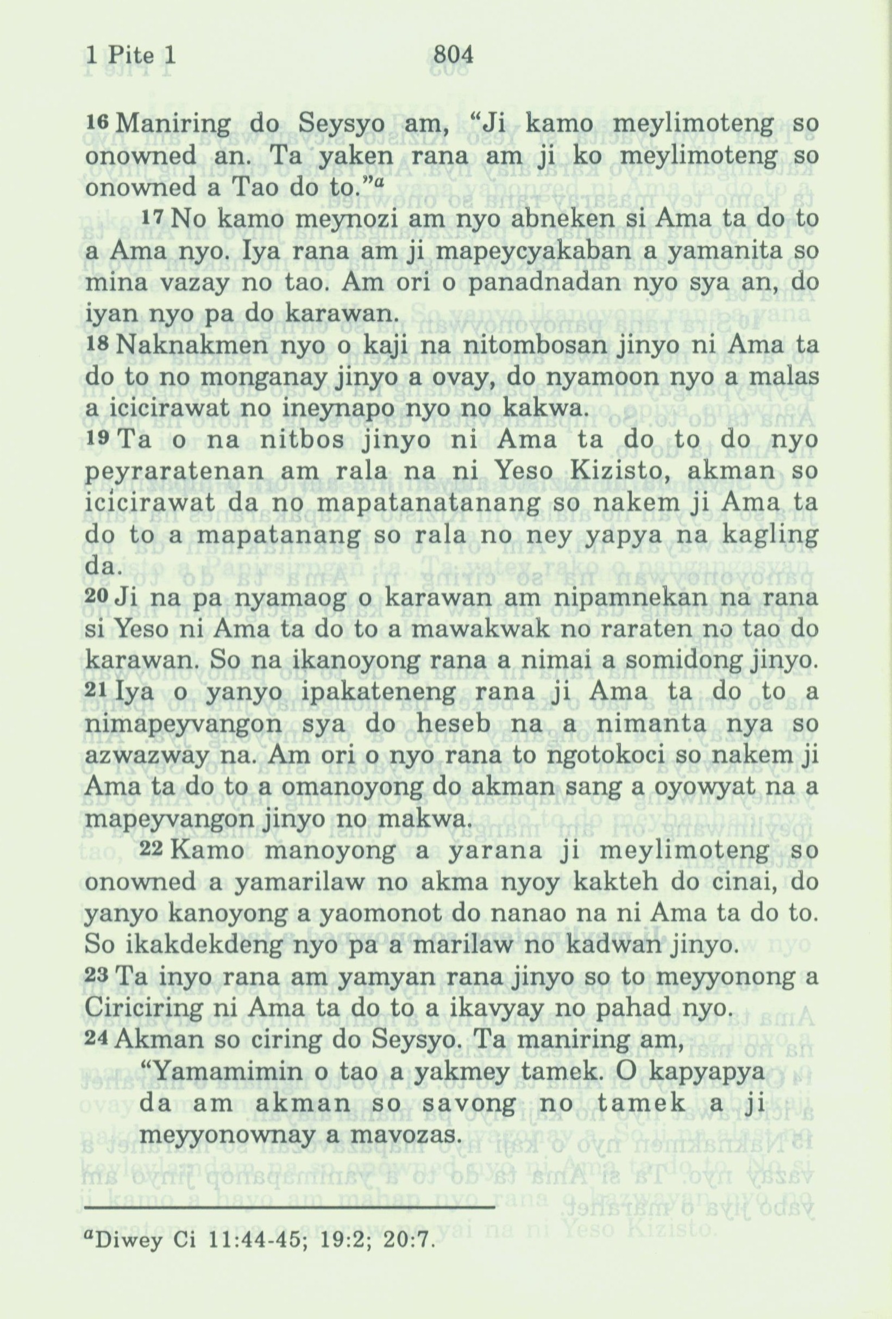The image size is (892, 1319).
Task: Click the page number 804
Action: [452, 55]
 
